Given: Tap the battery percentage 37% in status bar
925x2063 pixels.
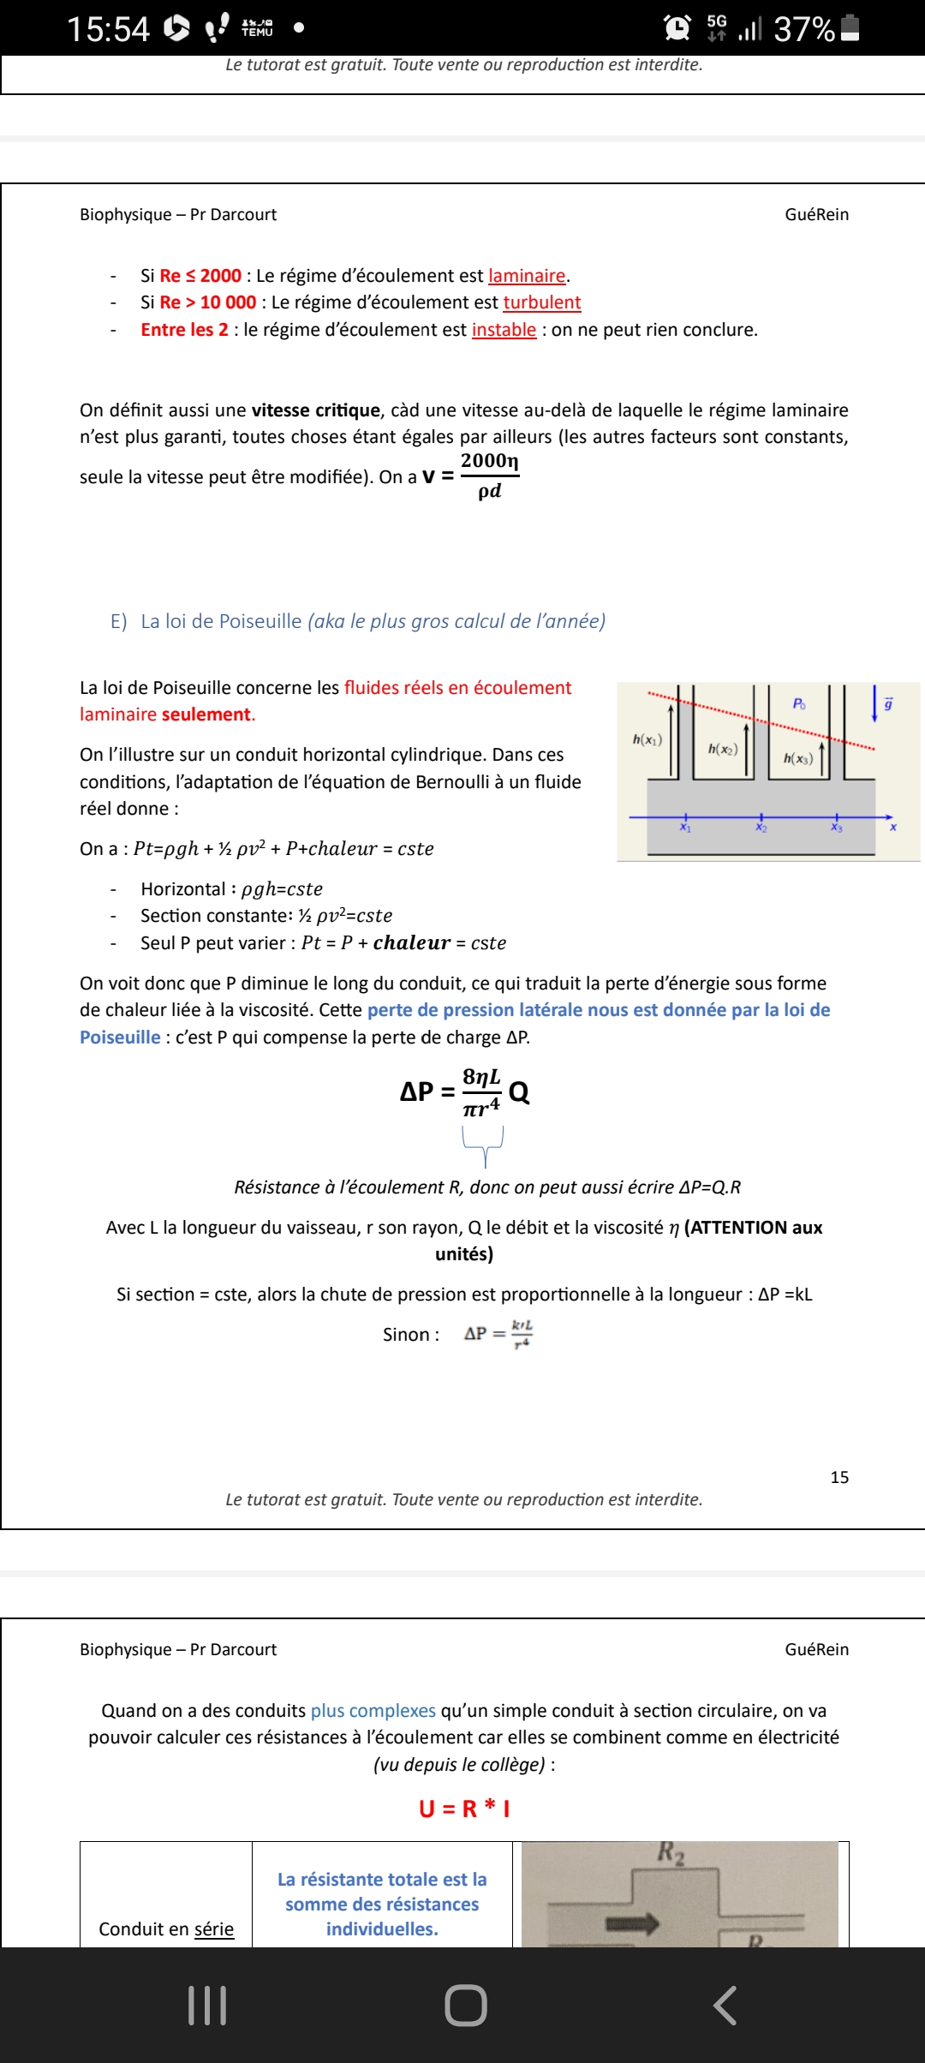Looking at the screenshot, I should tap(803, 29).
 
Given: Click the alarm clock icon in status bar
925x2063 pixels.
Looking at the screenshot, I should tap(677, 28).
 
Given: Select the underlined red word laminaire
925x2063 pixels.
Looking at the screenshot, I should tap(527, 276).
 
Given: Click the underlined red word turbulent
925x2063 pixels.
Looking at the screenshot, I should tap(541, 302).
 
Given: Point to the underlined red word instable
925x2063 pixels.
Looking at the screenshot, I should tap(504, 330).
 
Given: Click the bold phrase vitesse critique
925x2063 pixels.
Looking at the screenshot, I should tap(315, 410).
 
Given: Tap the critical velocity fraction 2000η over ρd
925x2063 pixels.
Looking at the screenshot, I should tap(489, 475).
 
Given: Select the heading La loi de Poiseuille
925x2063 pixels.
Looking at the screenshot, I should tap(221, 621).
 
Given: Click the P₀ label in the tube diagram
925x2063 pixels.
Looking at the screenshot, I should tap(798, 703).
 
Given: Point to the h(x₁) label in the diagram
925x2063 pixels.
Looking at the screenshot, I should tap(647, 739).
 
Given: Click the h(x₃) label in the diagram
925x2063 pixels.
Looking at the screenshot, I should tap(797, 758).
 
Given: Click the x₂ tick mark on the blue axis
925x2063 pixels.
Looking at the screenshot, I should tap(761, 818).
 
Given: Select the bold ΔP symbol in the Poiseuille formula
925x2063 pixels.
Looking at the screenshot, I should tap(417, 1091).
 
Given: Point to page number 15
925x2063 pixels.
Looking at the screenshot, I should tap(839, 1477).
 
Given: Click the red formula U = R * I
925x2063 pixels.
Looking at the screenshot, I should tap(464, 1809).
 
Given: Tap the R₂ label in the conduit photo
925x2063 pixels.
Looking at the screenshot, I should tap(671, 1853).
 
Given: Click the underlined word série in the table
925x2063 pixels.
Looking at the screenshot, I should tap(214, 1928).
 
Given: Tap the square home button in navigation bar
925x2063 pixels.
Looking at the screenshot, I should tap(466, 2006).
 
